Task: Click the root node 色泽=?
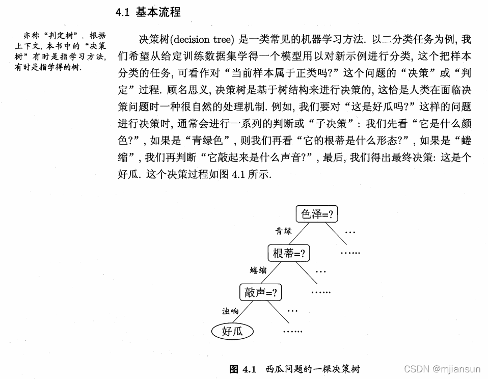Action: (317, 214)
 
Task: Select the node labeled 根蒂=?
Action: (289, 253)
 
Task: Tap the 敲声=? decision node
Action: (260, 292)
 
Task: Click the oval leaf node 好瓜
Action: (232, 332)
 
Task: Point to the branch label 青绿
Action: (284, 231)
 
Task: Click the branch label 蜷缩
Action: (258, 270)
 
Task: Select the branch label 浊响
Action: (230, 310)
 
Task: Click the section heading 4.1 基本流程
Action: (148, 12)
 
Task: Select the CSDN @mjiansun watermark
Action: (442, 368)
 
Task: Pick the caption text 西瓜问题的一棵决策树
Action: (313, 368)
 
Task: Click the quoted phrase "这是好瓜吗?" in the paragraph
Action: (375, 106)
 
